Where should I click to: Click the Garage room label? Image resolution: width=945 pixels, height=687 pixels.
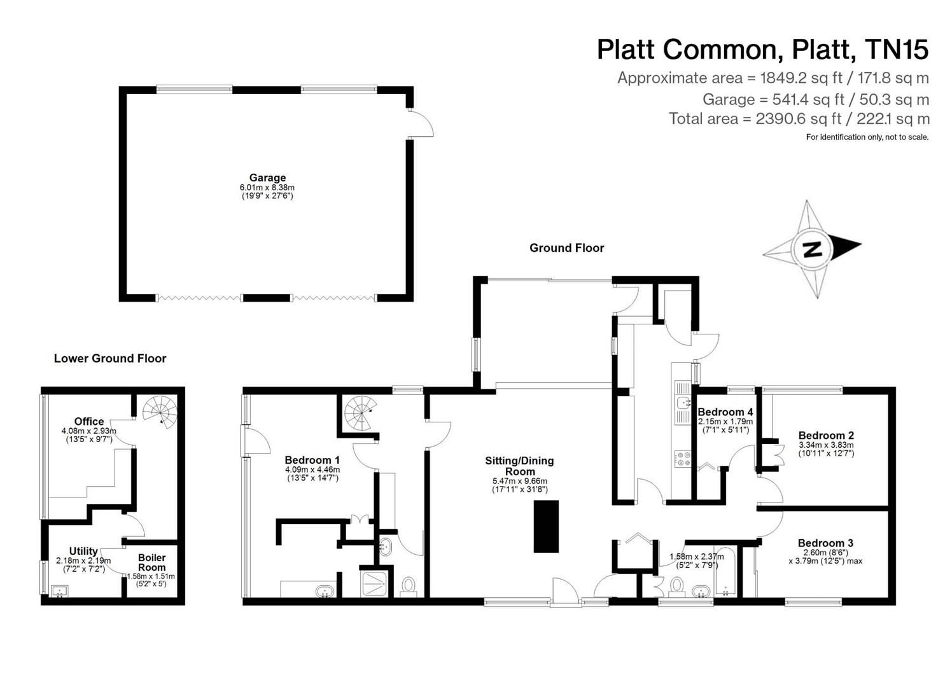[x=267, y=178]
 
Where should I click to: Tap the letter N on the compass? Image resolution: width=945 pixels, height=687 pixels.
[x=811, y=249]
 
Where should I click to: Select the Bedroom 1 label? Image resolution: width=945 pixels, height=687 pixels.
[x=312, y=460]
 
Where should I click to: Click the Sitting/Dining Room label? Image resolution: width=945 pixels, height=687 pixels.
[x=519, y=466]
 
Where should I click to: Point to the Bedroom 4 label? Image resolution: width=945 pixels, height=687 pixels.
[x=725, y=412]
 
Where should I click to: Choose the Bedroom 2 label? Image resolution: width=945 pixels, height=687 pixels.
[x=826, y=436]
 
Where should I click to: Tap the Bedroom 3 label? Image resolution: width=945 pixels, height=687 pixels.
[x=825, y=543]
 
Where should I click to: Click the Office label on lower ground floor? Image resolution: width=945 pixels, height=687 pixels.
[x=89, y=422]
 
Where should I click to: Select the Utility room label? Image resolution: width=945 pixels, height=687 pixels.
[x=83, y=551]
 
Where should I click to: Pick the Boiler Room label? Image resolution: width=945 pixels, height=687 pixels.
[x=151, y=562]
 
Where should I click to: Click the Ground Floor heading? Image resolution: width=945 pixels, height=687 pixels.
[x=566, y=248]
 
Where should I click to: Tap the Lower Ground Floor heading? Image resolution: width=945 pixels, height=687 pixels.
[x=110, y=359]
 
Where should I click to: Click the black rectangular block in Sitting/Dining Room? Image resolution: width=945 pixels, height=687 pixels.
[x=546, y=526]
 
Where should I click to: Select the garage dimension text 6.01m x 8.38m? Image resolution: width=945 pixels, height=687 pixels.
[x=267, y=188]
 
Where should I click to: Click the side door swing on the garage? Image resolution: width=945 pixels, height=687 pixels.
[x=421, y=124]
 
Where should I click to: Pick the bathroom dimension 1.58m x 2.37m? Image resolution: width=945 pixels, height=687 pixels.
[x=697, y=557]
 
